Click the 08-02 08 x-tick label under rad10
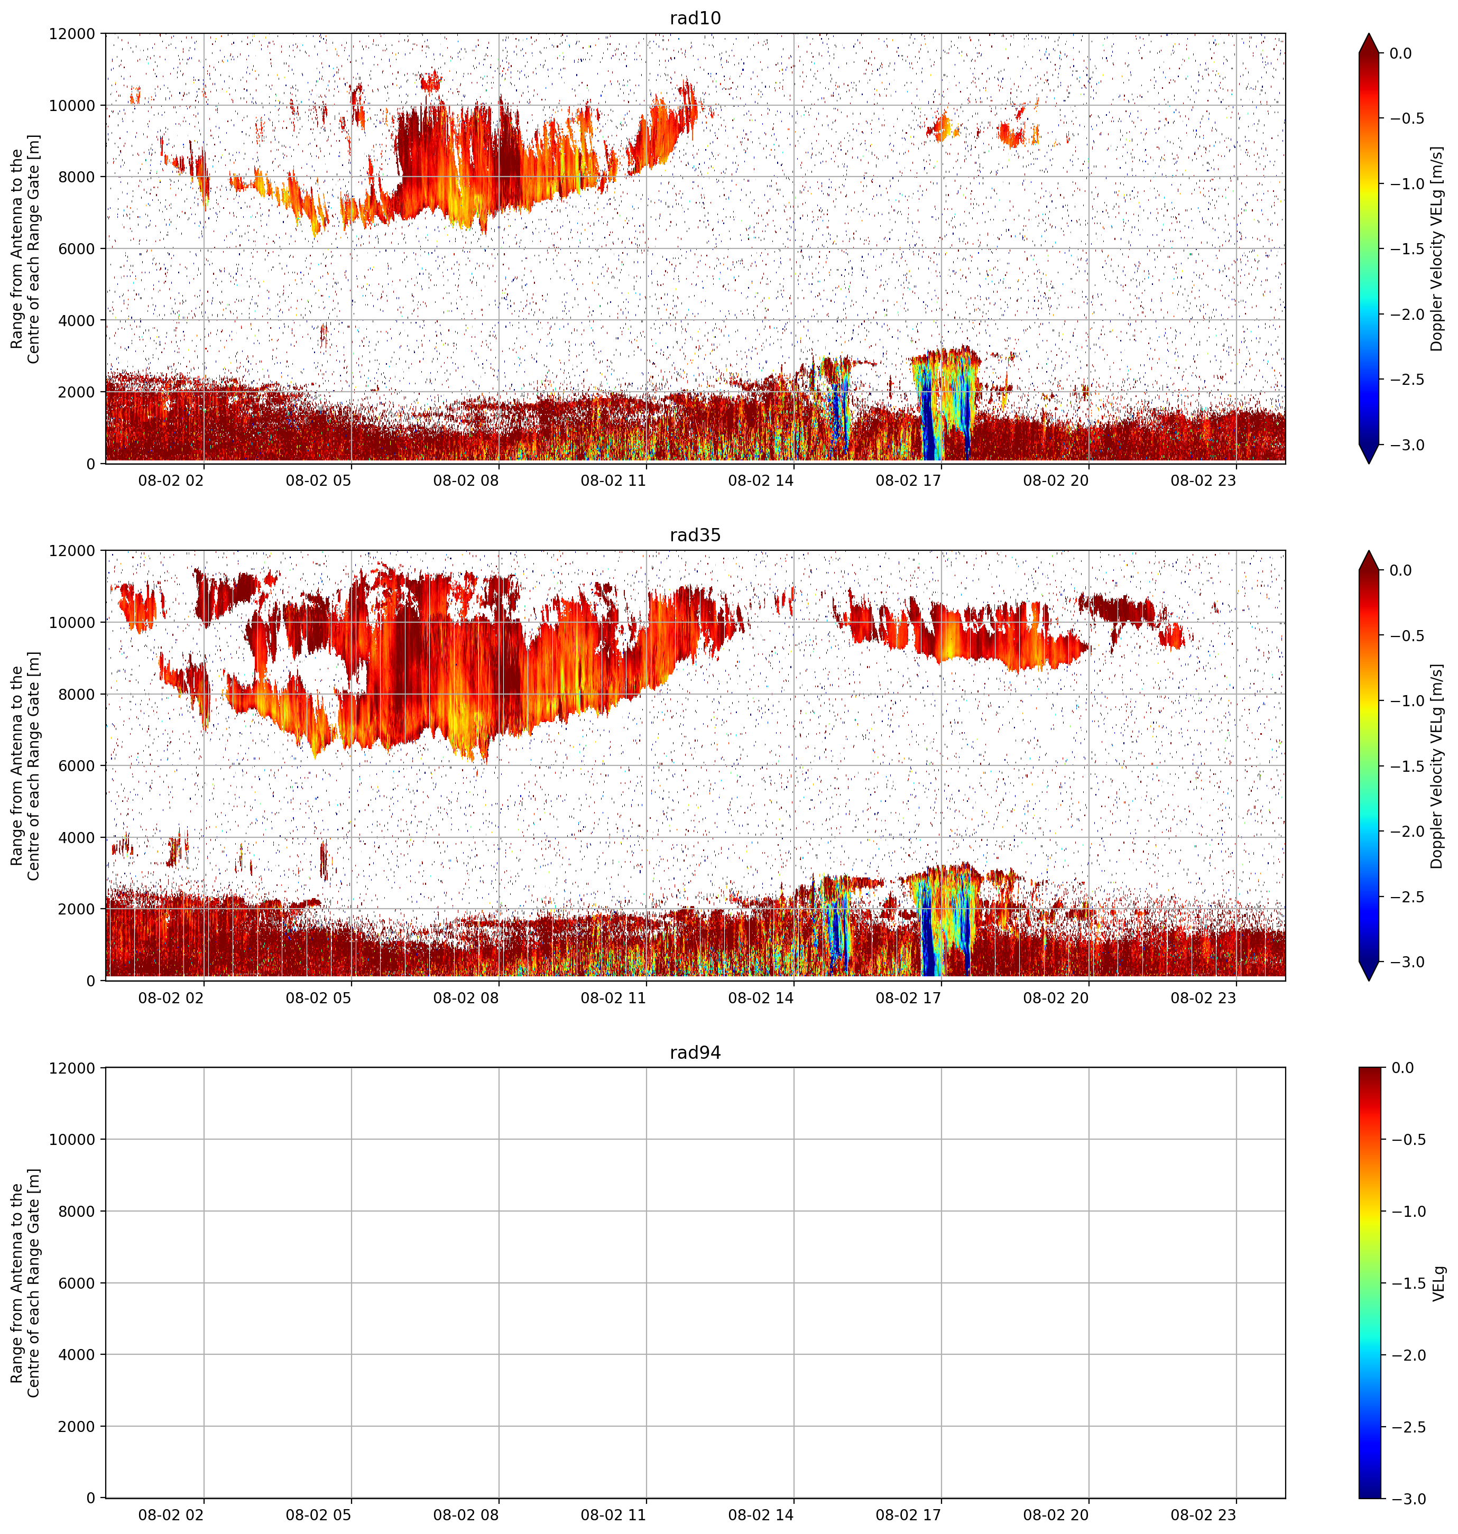(466, 480)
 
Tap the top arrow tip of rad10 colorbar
(1369, 33)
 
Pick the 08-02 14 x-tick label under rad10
(761, 480)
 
